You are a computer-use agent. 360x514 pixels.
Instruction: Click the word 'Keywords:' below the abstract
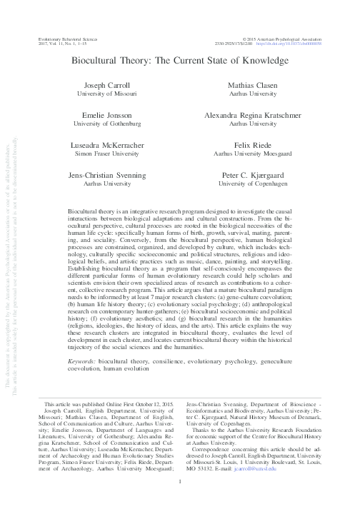coord(82,362)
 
